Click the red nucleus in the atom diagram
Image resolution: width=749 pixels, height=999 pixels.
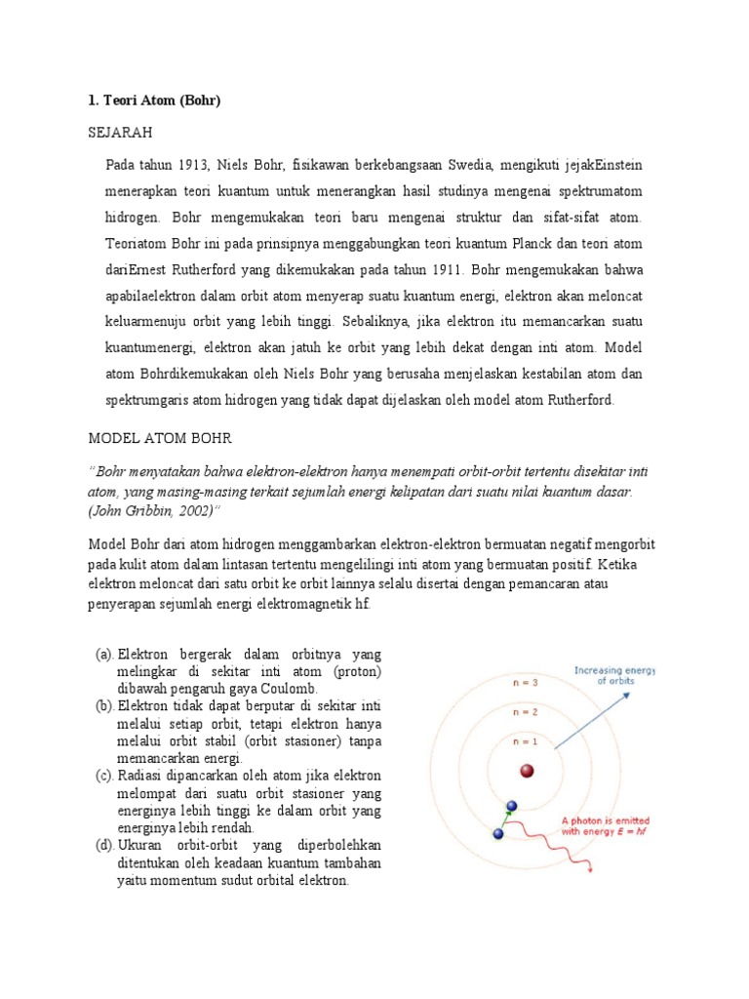point(528,772)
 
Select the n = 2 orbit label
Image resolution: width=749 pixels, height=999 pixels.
point(526,712)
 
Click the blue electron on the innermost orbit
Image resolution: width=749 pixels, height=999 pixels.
point(512,807)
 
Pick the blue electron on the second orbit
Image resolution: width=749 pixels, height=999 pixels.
point(499,835)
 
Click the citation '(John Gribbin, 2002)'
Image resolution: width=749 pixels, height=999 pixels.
point(156,509)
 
